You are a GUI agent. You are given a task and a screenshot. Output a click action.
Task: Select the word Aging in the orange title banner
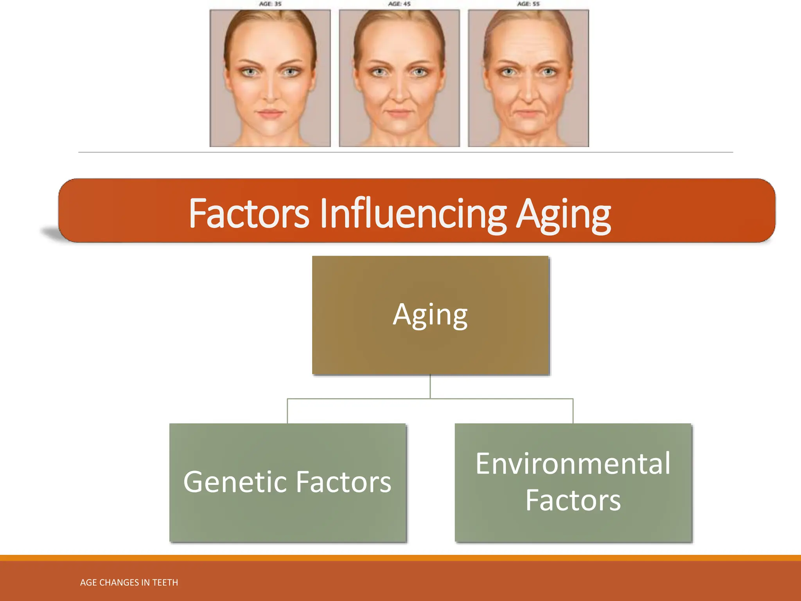[563, 214]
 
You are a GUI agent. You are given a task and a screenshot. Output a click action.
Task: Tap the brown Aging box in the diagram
[431, 315]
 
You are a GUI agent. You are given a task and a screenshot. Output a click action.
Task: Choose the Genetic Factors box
[288, 482]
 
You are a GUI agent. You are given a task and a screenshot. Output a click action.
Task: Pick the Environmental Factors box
[573, 482]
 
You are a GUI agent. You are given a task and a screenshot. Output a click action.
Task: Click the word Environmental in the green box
[573, 464]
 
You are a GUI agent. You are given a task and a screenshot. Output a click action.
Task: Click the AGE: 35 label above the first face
[270, 4]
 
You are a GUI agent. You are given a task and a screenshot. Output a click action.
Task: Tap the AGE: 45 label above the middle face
[399, 4]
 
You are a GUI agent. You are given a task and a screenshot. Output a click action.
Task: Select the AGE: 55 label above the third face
[528, 4]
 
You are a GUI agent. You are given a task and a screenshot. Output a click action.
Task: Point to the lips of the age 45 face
[399, 113]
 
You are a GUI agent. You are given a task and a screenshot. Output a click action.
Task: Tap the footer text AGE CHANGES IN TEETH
[129, 583]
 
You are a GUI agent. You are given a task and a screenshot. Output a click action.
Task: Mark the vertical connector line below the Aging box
[430, 387]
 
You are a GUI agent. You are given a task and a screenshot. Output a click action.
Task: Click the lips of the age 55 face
[528, 113]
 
